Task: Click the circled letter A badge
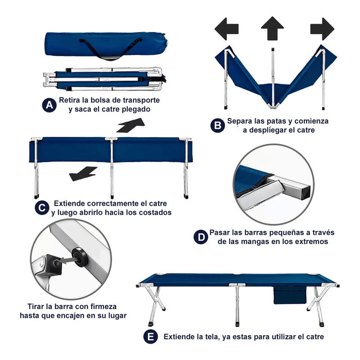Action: [49, 105]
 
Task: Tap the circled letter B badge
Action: [218, 126]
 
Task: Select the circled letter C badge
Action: [42, 208]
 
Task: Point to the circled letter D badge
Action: [201, 237]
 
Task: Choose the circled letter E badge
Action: [151, 337]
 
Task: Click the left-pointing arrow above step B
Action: [226, 29]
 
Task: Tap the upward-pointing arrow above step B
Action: [273, 28]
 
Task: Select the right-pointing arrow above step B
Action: [322, 29]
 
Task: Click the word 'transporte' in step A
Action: [141, 100]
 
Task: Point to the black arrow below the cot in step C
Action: [83, 174]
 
